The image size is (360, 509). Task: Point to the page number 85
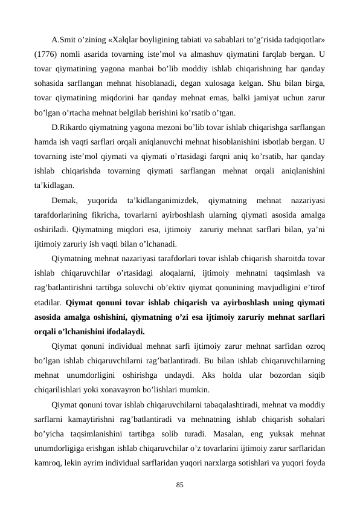click(179, 484)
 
